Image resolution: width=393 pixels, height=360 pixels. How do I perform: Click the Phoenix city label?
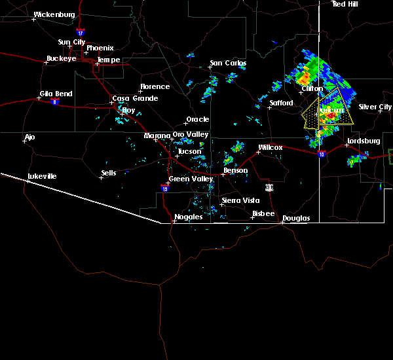[100, 48]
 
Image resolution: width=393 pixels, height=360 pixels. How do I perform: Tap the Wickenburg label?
[54, 14]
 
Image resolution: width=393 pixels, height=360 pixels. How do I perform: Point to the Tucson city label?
[189, 151]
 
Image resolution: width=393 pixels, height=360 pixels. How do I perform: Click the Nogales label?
[187, 217]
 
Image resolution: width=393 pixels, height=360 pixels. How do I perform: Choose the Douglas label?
[295, 218]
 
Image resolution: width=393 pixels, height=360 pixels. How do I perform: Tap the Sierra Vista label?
[236, 200]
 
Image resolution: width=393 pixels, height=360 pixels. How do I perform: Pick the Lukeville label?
[42, 176]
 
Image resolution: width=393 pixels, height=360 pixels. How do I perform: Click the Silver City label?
[375, 107]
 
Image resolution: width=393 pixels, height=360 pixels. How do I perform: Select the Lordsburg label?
[363, 141]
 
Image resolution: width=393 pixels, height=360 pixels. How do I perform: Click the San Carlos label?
[227, 63]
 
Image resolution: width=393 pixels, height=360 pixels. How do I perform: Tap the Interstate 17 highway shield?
[80, 32]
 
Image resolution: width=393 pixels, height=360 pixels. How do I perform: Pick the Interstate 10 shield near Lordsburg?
[321, 154]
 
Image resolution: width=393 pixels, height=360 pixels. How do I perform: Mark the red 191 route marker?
[269, 187]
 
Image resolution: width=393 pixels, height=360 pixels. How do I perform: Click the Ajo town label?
[29, 137]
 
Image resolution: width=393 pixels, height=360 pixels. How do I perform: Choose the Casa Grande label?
[135, 98]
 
